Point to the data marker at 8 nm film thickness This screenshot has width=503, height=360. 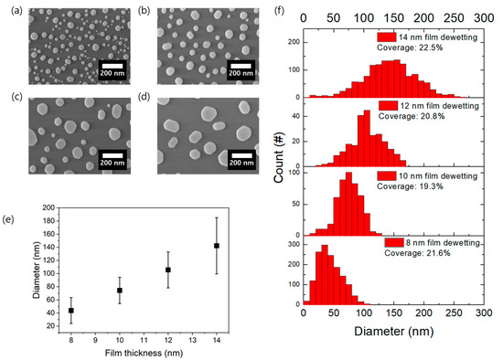click(71, 311)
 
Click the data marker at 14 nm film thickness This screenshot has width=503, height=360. click(216, 245)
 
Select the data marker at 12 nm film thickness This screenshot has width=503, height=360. click(167, 270)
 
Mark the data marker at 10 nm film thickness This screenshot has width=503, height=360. click(120, 291)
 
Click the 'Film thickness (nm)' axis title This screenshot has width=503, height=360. click(144, 354)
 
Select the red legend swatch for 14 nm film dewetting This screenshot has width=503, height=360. click(384, 37)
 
